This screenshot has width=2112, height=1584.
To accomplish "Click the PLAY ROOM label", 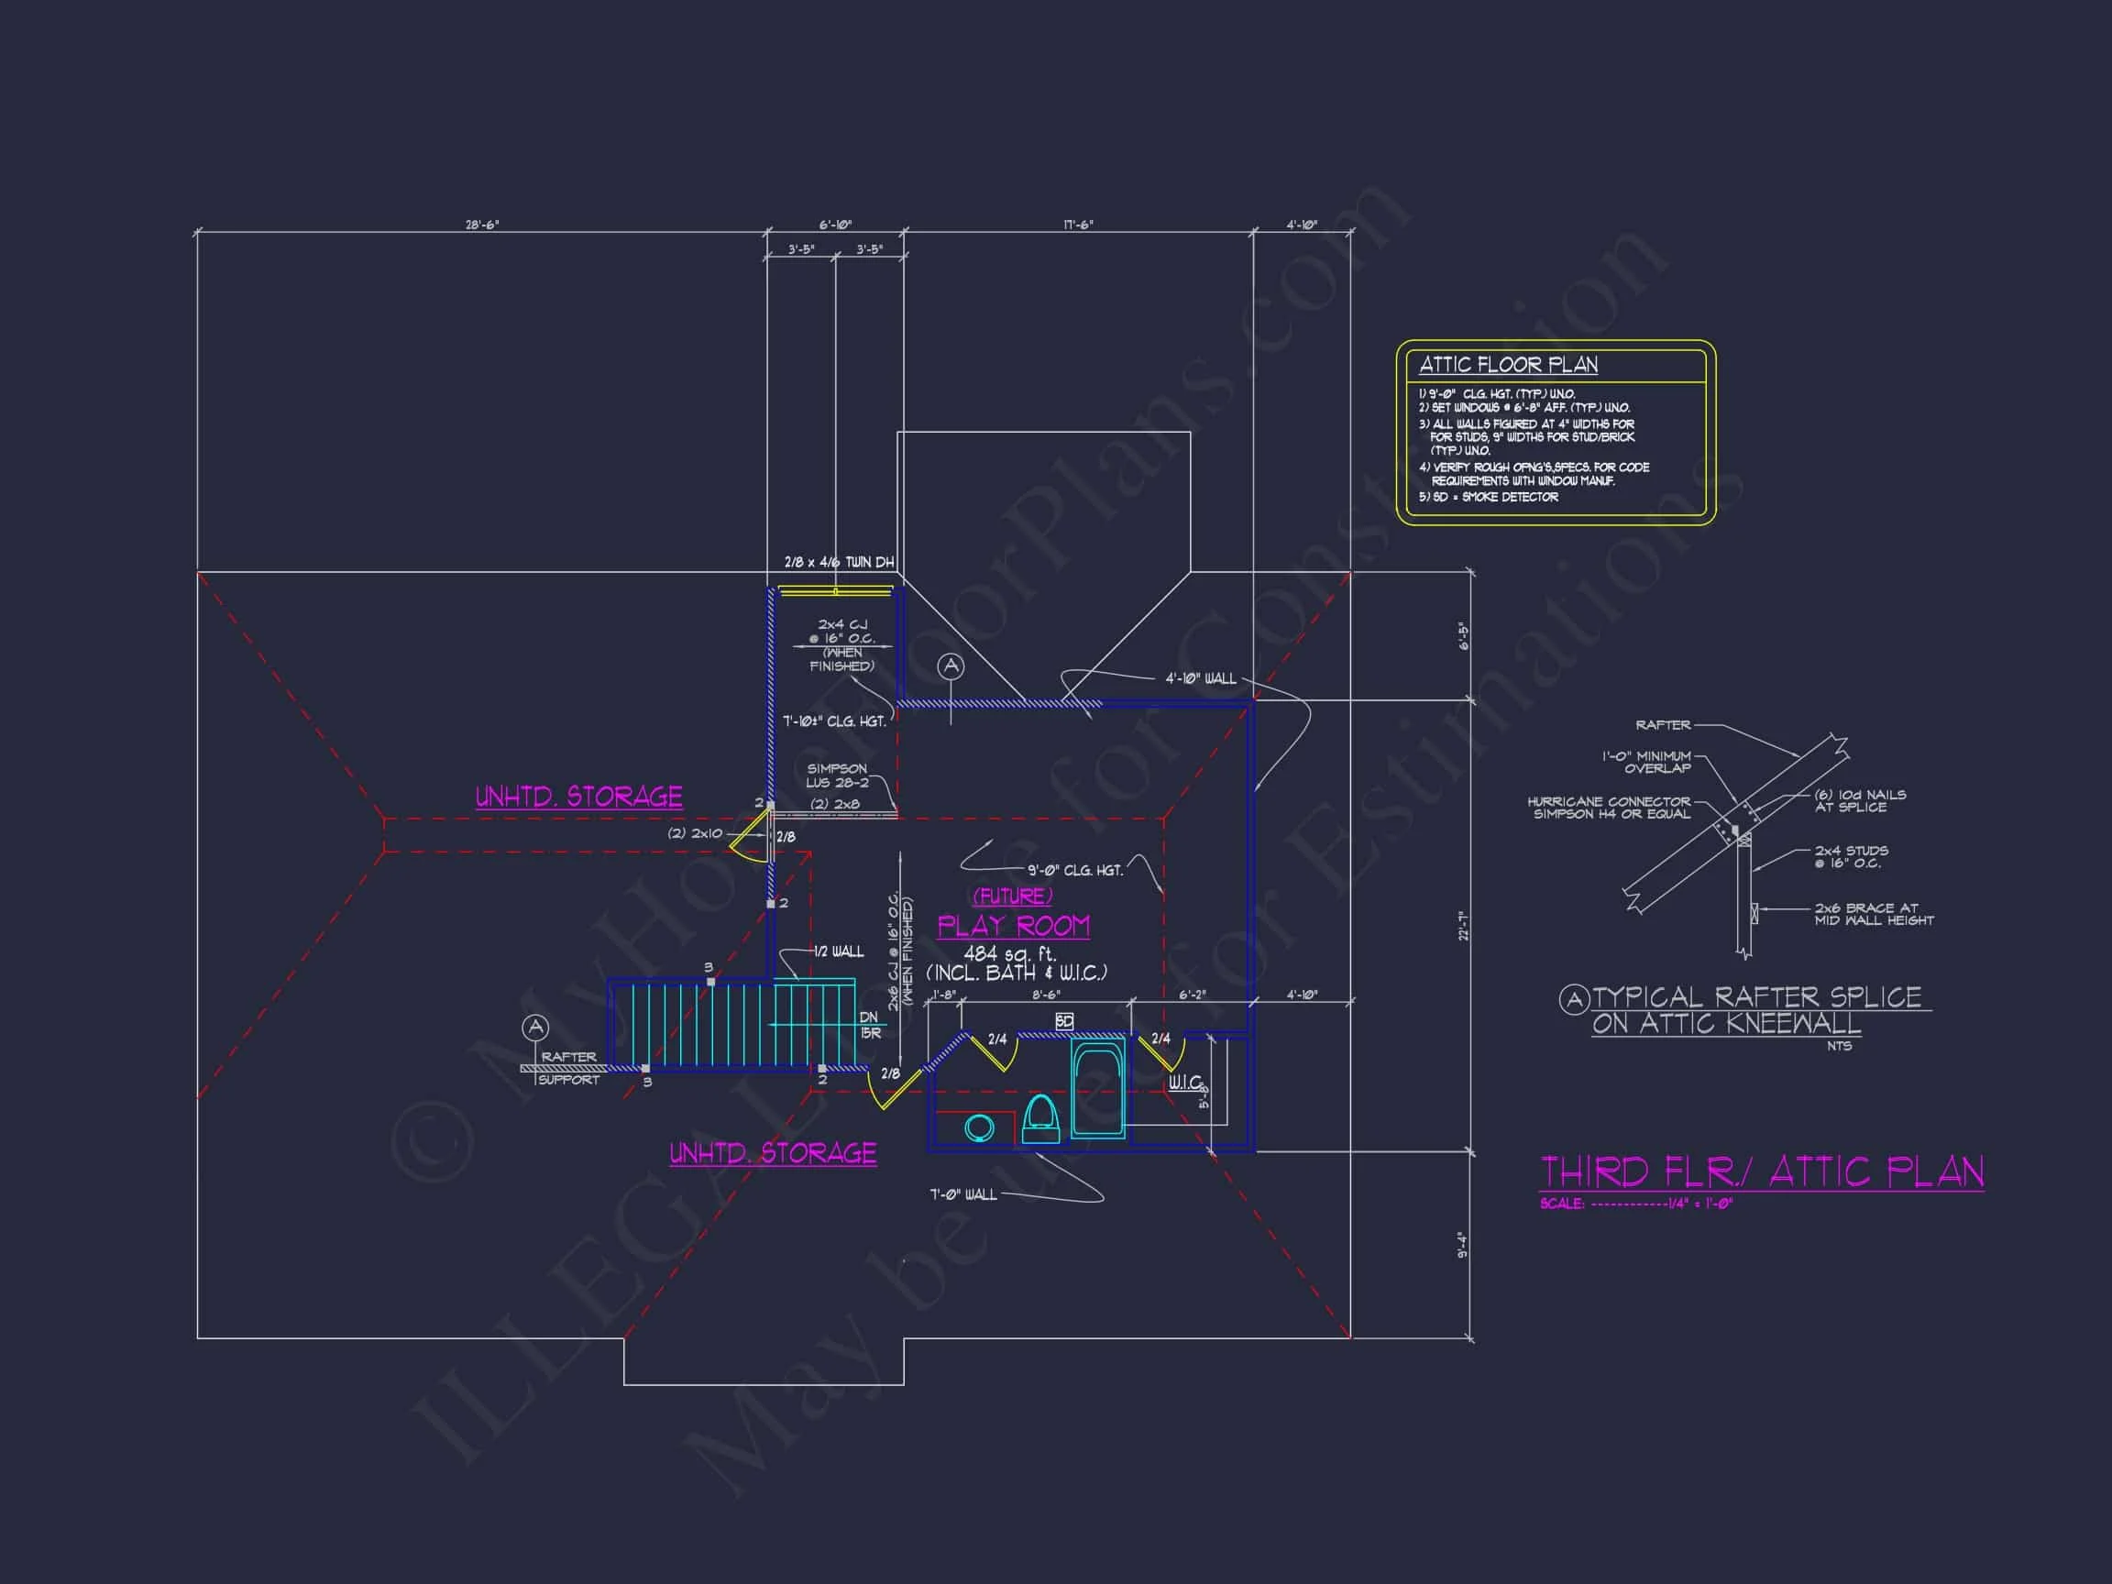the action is point(1013,926).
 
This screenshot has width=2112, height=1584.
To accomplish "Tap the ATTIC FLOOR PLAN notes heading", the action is point(1508,365).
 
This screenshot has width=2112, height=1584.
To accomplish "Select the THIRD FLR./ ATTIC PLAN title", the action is point(1762,1172).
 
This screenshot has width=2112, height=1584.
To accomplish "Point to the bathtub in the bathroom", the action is point(1098,1088).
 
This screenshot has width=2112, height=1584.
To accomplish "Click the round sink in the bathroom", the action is point(979,1127).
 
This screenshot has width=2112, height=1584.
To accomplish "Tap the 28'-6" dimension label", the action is point(482,225).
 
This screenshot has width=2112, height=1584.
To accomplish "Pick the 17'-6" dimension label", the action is point(1078,225).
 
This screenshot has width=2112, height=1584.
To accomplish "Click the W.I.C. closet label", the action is point(1185,1083).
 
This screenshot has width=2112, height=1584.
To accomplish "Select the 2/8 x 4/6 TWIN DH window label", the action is point(839,562).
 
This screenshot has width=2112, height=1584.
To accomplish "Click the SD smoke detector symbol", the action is point(1064,1022).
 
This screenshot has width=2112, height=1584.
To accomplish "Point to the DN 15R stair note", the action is point(870,1025).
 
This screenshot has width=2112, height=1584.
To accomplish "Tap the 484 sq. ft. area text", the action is point(1009,953).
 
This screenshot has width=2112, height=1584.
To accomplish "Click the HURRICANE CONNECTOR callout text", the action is point(1609,808).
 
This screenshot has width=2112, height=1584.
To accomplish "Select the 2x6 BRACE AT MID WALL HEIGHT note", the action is point(1874,914).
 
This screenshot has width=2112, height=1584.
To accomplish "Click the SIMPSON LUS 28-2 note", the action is point(837,775).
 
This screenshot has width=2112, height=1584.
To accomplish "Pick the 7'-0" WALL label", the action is point(962,1194).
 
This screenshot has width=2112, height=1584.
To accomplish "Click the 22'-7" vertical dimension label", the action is point(1462,926).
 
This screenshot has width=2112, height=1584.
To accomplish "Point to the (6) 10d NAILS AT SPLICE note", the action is point(1860,800).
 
